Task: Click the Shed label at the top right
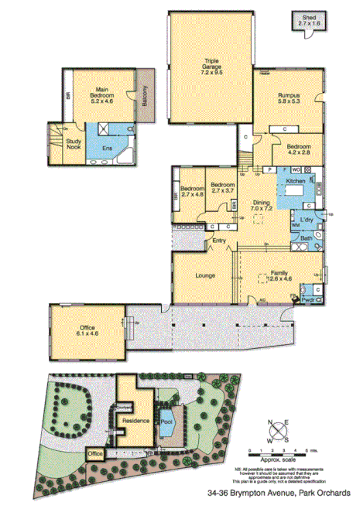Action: tap(307, 18)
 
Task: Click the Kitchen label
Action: tap(296, 180)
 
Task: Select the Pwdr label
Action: tap(308, 298)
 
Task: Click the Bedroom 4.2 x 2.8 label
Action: tap(299, 149)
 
